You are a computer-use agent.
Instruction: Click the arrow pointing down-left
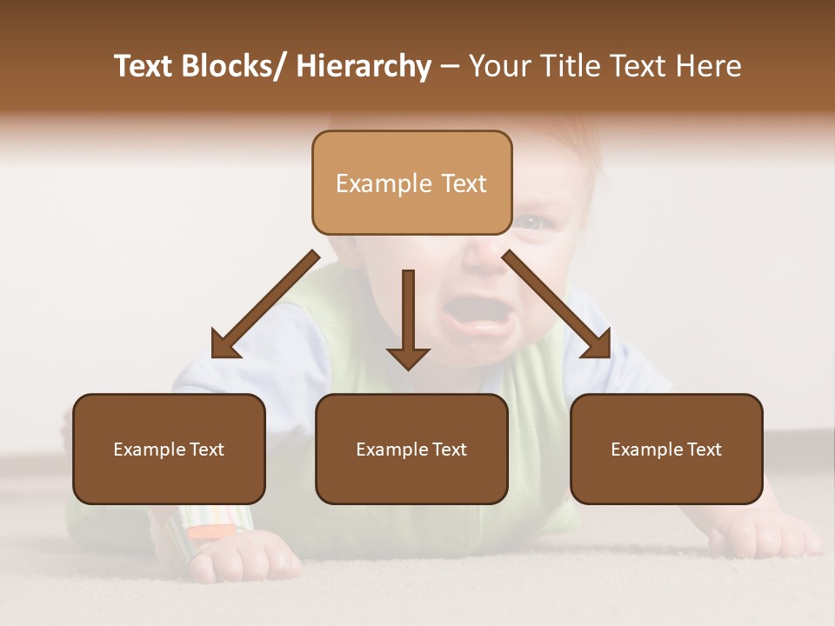click(265, 304)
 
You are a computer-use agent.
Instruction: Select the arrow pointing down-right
click(557, 304)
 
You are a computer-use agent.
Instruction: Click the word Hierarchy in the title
click(364, 67)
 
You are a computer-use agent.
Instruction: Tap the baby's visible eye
click(531, 223)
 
